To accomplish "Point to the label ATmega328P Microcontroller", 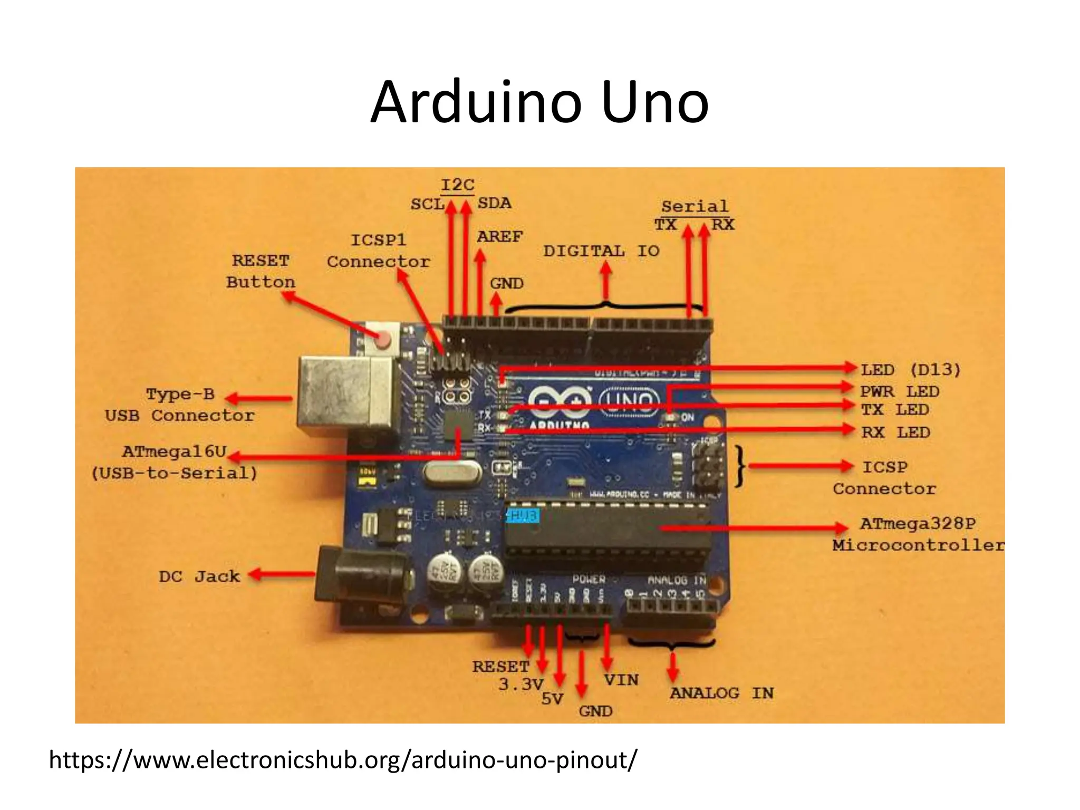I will (918, 534).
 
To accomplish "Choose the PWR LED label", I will (900, 392).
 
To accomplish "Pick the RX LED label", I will (895, 432).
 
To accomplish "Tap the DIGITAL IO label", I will (601, 251).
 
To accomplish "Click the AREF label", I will (499, 237).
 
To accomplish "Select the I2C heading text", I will (457, 185).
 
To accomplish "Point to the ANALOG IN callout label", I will (721, 693).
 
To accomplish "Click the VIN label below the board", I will (621, 680).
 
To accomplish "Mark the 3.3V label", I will (520, 684).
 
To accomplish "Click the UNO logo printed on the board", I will (629, 402).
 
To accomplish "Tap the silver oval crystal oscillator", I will (452, 472).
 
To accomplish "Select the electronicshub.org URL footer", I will (343, 760).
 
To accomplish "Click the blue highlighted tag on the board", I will (523, 515).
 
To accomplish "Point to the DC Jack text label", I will (199, 576).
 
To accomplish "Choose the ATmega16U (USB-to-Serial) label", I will (175, 462).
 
